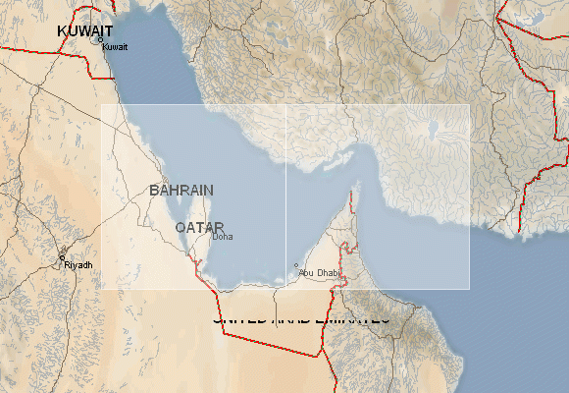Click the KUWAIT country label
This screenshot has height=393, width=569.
(x=85, y=31)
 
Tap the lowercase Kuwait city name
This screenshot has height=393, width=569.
(x=115, y=47)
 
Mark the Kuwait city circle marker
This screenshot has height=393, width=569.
(x=99, y=40)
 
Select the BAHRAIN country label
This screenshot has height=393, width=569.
(x=181, y=189)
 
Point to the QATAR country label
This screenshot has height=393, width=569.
(x=199, y=226)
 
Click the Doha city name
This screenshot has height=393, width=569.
(x=223, y=237)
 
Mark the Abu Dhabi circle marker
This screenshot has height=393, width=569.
(x=296, y=264)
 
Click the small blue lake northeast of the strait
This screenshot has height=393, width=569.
(x=432, y=128)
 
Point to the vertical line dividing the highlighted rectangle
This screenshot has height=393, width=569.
(x=285, y=196)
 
